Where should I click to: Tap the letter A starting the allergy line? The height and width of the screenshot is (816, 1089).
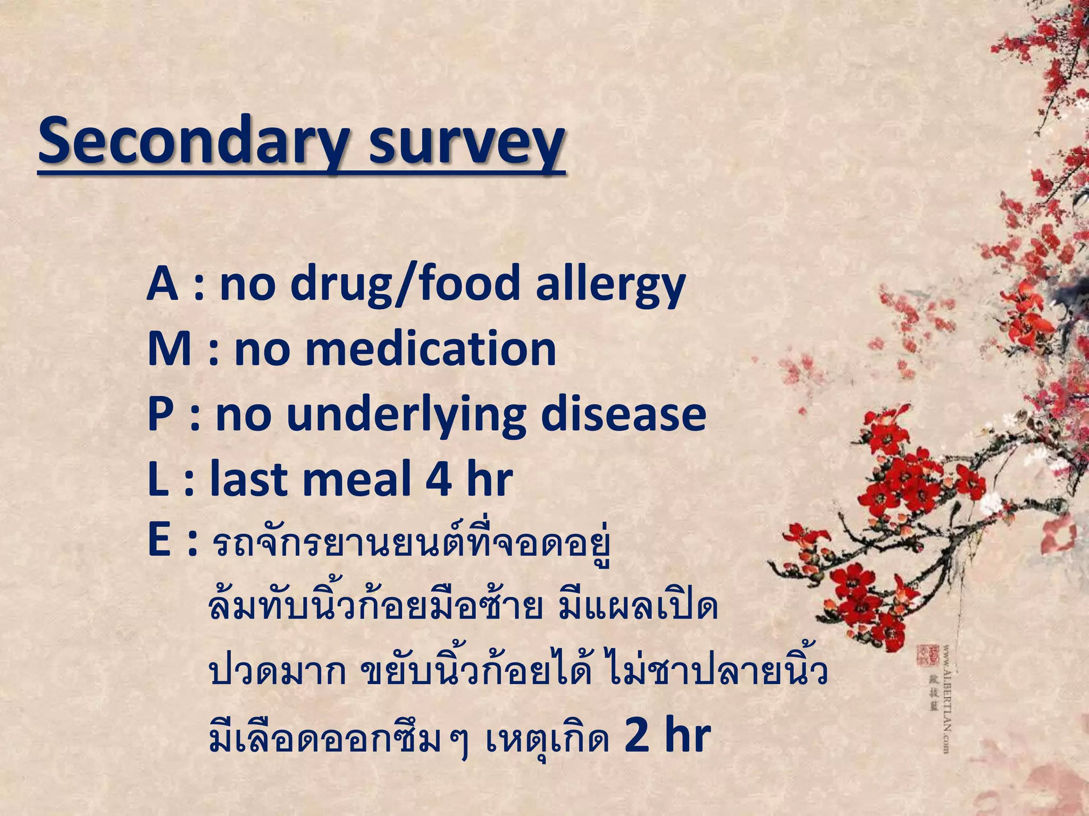(x=162, y=284)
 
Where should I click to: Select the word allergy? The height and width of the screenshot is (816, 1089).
(x=610, y=285)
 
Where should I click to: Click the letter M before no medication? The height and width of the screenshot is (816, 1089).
(x=169, y=349)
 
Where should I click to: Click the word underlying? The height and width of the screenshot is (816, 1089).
(x=406, y=416)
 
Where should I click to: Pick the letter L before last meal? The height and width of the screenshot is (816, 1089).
(x=158, y=480)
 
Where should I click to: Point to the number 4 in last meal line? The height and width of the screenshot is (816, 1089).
(x=439, y=480)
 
